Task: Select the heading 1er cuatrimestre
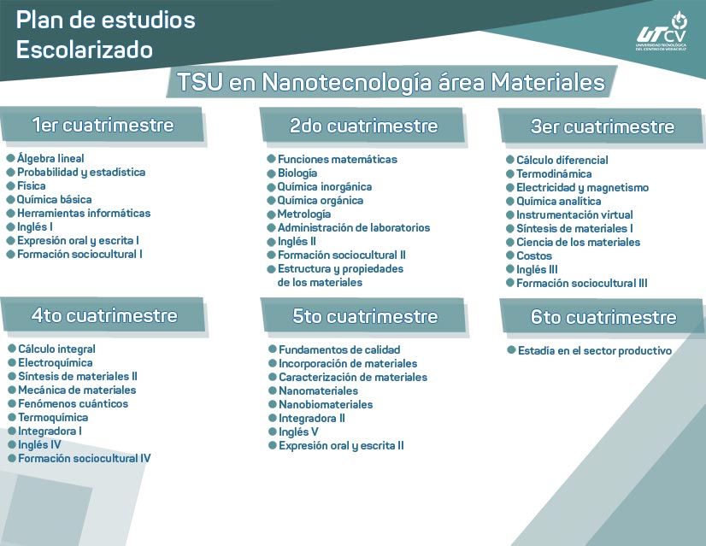(x=103, y=125)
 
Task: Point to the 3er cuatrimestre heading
(x=602, y=126)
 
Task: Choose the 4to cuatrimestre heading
(x=104, y=315)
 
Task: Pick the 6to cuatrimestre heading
(x=603, y=317)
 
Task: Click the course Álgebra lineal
(x=50, y=158)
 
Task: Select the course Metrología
(x=304, y=214)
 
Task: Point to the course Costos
(x=534, y=255)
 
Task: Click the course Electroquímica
(x=56, y=362)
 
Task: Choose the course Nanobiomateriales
(x=326, y=404)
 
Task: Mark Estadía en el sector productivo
(x=595, y=350)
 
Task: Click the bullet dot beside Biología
(x=270, y=173)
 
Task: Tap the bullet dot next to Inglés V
(x=272, y=432)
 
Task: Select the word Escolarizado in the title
(x=85, y=50)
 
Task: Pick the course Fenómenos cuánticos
(x=74, y=403)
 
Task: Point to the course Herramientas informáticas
(x=84, y=213)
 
